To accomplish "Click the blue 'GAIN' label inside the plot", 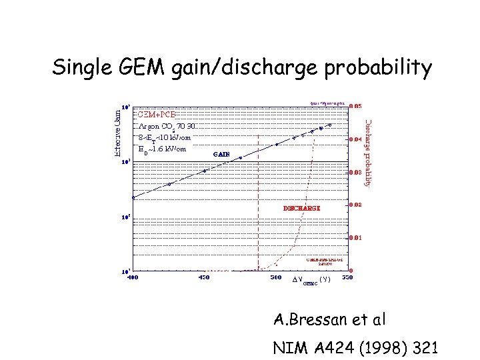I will pos(222,154).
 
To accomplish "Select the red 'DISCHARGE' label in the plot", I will pos(301,207).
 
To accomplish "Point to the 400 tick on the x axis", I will pos(133,277).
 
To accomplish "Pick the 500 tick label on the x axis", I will pos(275,277).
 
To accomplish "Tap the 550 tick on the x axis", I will pos(346,277).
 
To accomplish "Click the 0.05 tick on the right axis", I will pos(357,106).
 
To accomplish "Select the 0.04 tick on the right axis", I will pos(357,139).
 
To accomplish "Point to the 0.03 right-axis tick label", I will pos(357,172).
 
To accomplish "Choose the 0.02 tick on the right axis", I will pos(357,204).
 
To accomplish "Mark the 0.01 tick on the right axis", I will pos(357,237).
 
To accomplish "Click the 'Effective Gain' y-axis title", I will pos(117,133).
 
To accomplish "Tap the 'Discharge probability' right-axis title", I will pos(367,153).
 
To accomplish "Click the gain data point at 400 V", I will pos(133,197).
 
